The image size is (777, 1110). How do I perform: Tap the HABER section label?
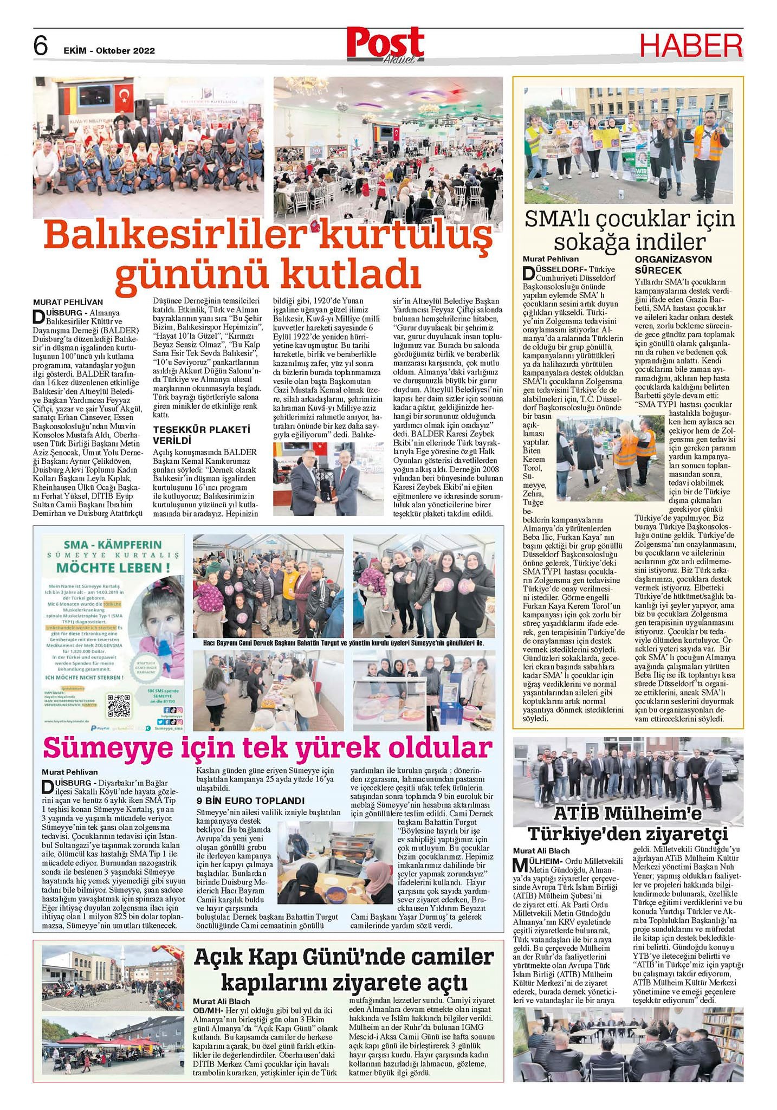[x=691, y=46]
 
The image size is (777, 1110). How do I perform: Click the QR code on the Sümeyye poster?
[x=119, y=704]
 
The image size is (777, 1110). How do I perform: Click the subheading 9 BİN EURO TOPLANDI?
[x=250, y=801]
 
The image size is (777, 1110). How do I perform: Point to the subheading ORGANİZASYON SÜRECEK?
[x=673, y=264]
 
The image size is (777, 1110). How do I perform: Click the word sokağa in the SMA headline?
[x=592, y=241]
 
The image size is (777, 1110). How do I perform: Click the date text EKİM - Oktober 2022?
[x=109, y=50]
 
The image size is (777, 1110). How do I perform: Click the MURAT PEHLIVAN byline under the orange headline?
[x=68, y=302]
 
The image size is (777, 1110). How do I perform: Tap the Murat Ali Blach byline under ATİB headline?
[x=541, y=850]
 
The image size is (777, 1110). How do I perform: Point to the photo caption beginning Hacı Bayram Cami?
[x=343, y=643]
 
